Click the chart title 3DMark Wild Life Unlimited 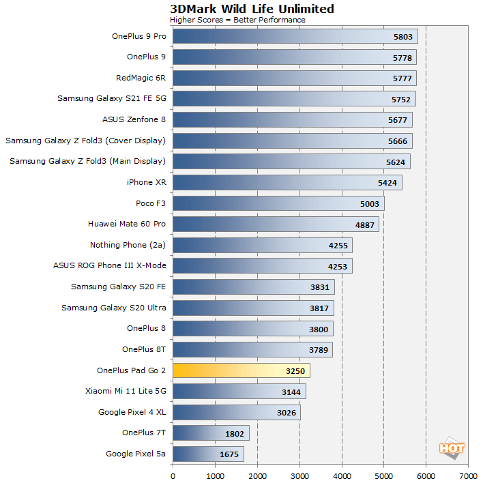click(252, 9)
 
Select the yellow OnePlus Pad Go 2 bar click(241, 370)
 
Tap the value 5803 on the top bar click(403, 36)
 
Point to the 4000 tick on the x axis click(342, 475)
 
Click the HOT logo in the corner click(452, 448)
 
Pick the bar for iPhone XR click(287, 182)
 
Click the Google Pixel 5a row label click(136, 454)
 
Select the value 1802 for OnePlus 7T click(234, 433)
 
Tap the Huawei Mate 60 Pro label click(127, 224)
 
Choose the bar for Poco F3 click(278, 203)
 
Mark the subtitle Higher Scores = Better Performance click(237, 20)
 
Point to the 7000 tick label click(468, 475)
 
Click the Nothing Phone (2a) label click(128, 245)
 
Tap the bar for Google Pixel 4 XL click(237, 412)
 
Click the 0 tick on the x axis click(173, 475)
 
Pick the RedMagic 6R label click(141, 78)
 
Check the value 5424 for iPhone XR click(387, 182)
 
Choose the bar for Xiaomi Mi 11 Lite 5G click(239, 391)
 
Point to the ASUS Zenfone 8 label click(134, 119)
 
